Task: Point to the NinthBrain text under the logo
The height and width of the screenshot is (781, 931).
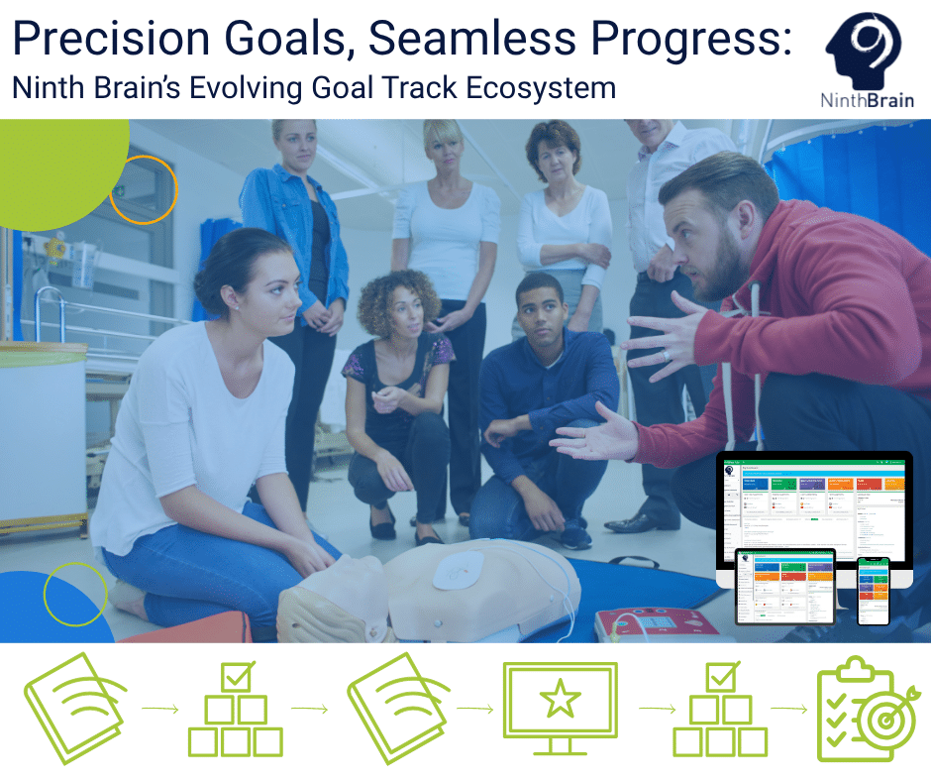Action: point(867,100)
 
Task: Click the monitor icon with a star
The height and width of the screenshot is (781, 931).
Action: point(560,707)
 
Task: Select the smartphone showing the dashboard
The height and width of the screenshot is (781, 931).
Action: point(873,590)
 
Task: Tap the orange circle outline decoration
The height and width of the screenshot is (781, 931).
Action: point(143,188)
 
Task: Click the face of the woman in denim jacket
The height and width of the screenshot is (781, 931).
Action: point(294,150)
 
